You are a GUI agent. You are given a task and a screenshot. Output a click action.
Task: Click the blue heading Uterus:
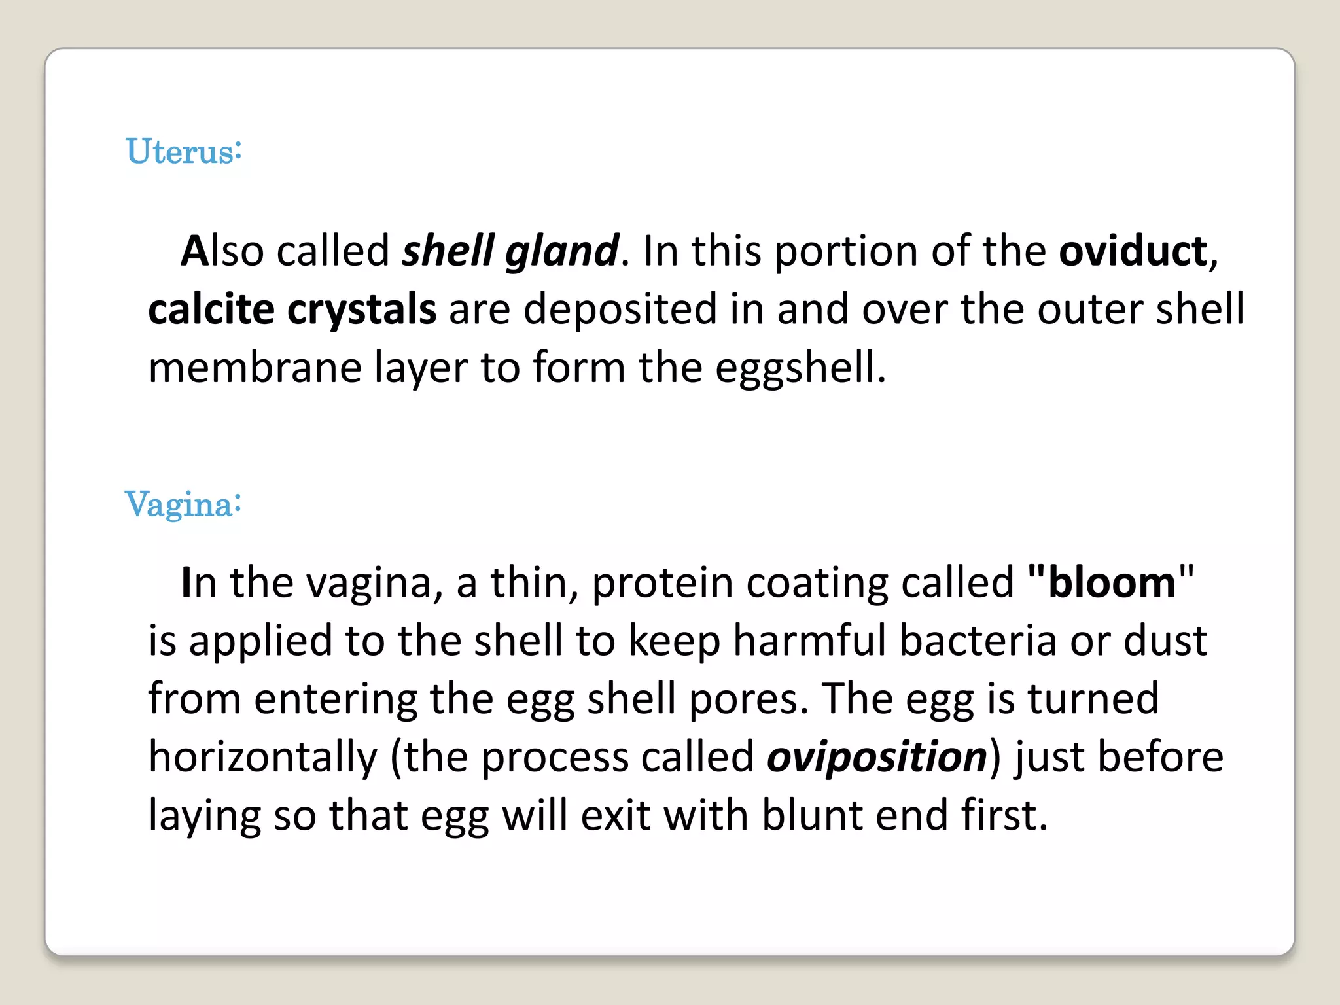tap(184, 151)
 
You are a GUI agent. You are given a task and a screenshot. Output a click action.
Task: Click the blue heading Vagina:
tap(183, 504)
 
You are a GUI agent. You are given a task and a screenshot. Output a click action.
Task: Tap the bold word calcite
tap(211, 309)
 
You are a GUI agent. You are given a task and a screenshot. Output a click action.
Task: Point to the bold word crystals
tap(362, 309)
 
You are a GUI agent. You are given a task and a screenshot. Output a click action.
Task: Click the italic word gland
tap(561, 252)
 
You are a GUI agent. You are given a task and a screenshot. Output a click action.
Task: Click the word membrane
tap(255, 367)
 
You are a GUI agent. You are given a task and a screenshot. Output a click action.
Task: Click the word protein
tap(662, 583)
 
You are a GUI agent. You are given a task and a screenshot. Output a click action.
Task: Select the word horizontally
tap(263, 757)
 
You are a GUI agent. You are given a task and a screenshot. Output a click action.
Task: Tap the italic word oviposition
tap(877, 757)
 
